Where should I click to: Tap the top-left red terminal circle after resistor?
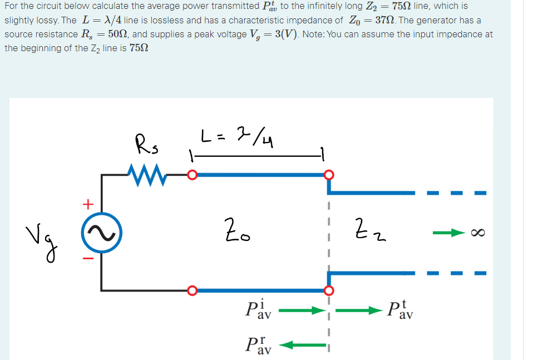(191, 175)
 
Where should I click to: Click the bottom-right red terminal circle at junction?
(329, 290)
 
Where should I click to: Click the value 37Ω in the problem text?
(383, 20)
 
